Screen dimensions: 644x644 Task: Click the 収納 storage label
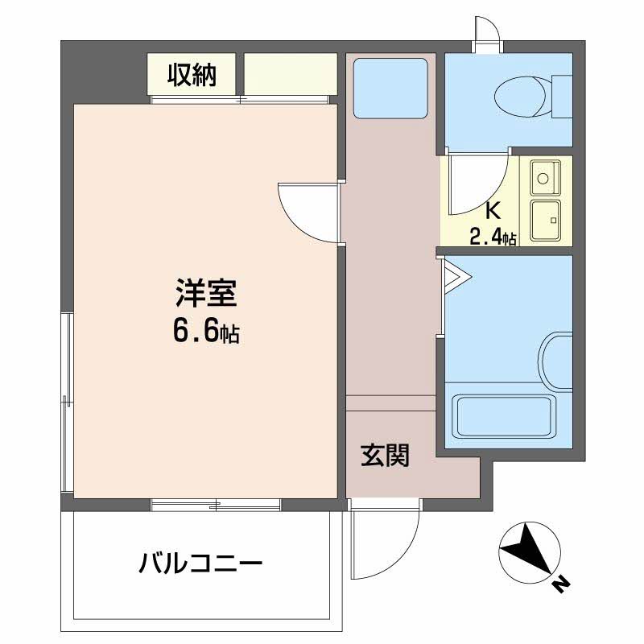pos(192,75)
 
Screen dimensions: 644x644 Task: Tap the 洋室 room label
pos(206,293)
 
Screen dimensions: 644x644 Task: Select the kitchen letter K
pos(493,211)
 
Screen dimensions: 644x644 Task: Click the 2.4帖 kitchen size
pos(493,237)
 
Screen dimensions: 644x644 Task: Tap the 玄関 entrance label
pos(385,455)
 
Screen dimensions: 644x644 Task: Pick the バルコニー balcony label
pos(200,563)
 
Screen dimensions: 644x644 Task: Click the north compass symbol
pos(530,552)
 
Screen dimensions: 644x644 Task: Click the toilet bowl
pos(520,97)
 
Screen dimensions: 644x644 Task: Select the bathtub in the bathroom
pos(504,416)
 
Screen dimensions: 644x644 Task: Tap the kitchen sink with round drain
pos(546,177)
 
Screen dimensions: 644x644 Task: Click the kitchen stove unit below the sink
pos(546,221)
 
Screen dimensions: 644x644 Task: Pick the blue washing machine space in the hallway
pos(390,89)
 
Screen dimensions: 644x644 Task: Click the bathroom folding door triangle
pos(455,276)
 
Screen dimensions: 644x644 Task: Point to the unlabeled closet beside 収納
pos(291,74)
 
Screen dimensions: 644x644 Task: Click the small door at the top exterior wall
pos(488,35)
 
